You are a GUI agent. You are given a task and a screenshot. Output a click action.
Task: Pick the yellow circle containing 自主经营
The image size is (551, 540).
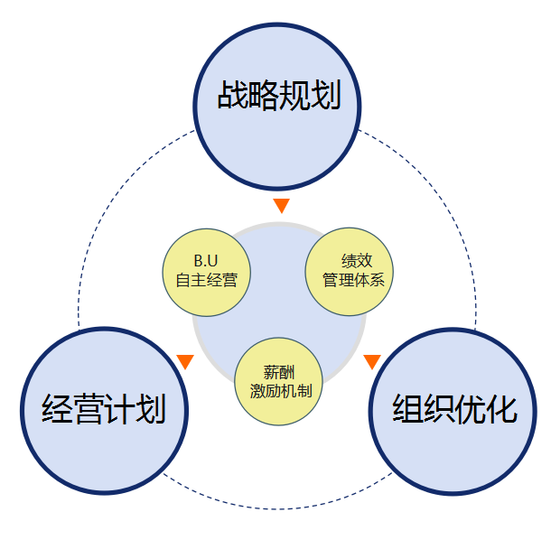[x=206, y=272]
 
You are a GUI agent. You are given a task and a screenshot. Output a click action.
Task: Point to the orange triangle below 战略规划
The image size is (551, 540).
[x=281, y=206]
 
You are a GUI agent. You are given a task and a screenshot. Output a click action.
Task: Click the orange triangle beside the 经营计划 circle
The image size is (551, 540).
[x=186, y=362]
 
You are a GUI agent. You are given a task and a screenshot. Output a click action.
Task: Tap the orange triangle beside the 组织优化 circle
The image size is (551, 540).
[x=371, y=362]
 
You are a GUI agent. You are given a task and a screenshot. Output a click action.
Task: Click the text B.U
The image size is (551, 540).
[x=206, y=262]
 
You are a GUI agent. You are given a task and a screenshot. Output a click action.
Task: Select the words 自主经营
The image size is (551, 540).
[x=206, y=280]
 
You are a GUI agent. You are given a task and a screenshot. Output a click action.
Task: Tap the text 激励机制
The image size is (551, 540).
[x=280, y=391]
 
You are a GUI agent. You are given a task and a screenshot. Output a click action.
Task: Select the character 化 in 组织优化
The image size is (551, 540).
[x=502, y=409]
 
